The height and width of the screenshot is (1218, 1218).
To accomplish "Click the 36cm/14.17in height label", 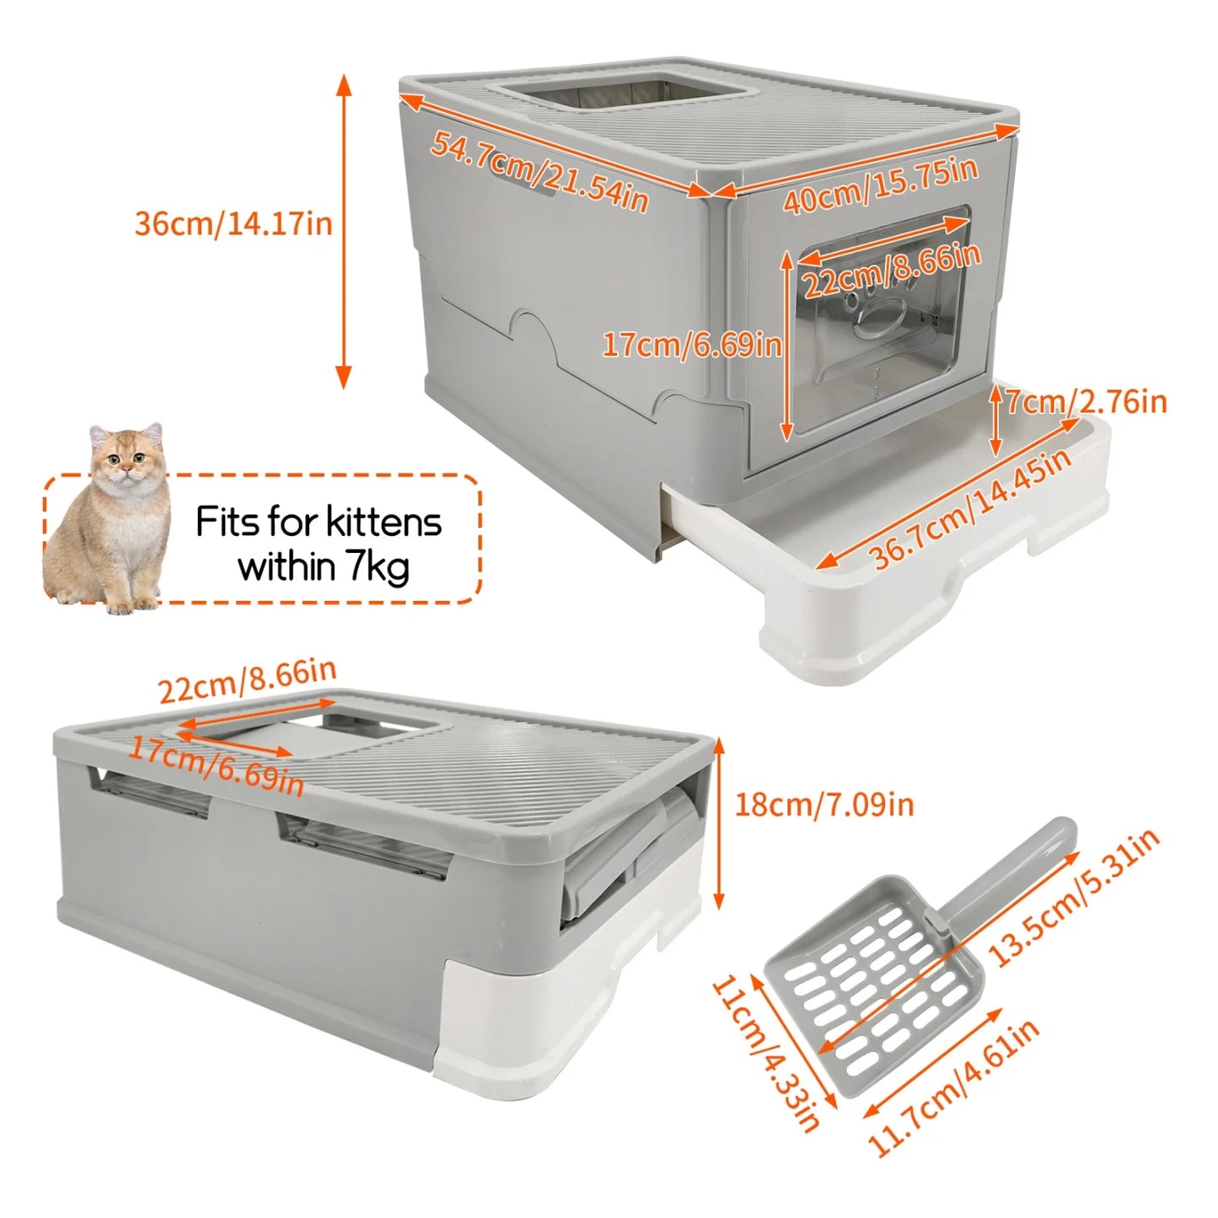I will click(x=233, y=224).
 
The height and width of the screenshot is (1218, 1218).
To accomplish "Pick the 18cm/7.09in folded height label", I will click(x=824, y=804).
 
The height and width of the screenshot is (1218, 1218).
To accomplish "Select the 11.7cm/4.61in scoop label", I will click(x=953, y=1088).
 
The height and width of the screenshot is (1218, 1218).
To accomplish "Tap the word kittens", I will click(x=384, y=523).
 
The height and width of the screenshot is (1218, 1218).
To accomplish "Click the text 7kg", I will click(x=376, y=566).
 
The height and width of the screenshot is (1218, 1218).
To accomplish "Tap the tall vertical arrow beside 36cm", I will click(x=343, y=231).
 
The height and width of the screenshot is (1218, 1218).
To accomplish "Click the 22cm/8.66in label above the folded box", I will click(x=247, y=681).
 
